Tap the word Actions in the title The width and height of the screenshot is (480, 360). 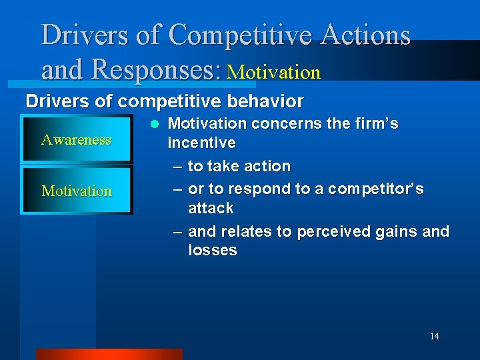tap(366, 35)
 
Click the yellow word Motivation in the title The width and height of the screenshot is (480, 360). tap(273, 71)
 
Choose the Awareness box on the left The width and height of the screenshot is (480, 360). tap(76, 140)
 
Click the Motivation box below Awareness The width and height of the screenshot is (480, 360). tap(77, 191)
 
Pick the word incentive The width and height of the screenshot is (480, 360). tap(201, 143)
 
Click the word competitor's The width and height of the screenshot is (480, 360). tap(378, 189)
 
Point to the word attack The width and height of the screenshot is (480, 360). tap(211, 208)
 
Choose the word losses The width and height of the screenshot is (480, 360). tap(212, 250)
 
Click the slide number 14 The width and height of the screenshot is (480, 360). tap(434, 336)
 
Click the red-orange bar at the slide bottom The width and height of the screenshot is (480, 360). tap(109, 354)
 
